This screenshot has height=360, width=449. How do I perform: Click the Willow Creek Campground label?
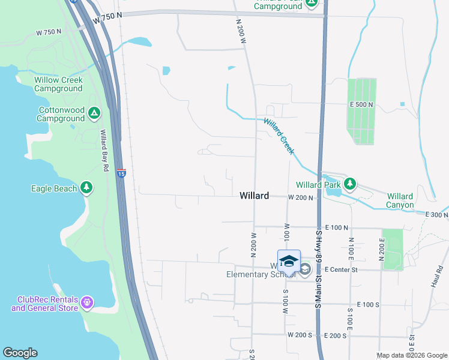[x=58, y=84]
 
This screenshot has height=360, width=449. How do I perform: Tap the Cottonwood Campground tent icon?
[x=94, y=113]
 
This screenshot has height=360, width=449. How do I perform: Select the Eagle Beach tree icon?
[x=87, y=188]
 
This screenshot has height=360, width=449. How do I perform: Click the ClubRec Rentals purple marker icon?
[x=87, y=301]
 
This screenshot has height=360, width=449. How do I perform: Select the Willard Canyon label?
[x=400, y=200]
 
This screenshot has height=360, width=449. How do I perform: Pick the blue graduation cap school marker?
[x=289, y=260]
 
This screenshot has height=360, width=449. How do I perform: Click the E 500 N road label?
[x=361, y=104]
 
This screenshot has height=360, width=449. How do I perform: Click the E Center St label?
[x=341, y=270]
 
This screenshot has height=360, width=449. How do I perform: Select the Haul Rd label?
[x=436, y=277]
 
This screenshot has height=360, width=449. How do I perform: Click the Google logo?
[x=20, y=353]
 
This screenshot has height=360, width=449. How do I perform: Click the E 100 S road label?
[x=368, y=305]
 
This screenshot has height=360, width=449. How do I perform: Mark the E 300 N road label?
[x=436, y=214]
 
